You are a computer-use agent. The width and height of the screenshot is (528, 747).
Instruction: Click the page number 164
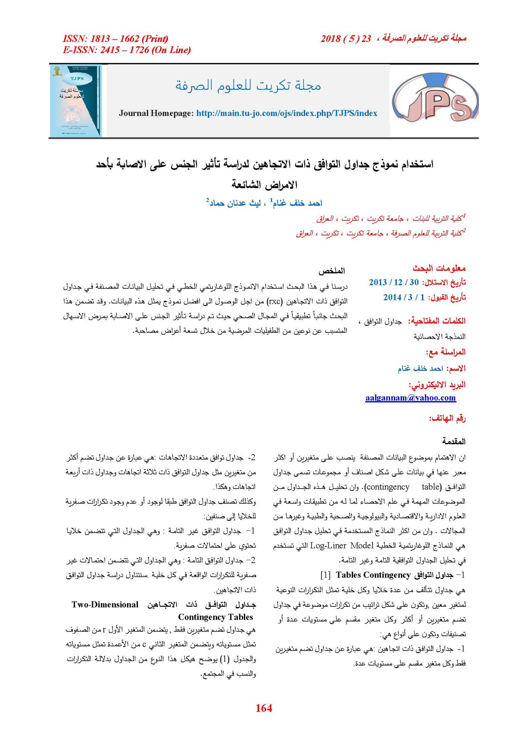click(264, 708)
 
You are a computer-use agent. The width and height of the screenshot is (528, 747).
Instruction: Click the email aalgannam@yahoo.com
click(410, 397)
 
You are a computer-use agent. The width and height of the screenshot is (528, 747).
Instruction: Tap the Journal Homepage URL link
click(286, 113)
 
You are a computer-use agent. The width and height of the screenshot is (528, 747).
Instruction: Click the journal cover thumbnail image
click(76, 101)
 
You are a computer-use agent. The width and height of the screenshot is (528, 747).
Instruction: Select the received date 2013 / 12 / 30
click(394, 282)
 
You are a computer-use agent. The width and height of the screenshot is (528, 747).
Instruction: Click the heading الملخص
click(332, 271)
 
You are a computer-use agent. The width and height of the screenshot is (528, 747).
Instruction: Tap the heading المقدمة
click(454, 441)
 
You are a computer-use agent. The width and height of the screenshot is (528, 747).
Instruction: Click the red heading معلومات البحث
click(439, 268)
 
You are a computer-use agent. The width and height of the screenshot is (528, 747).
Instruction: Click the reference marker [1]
click(325, 575)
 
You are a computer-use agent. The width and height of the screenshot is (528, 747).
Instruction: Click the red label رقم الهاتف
click(447, 419)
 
